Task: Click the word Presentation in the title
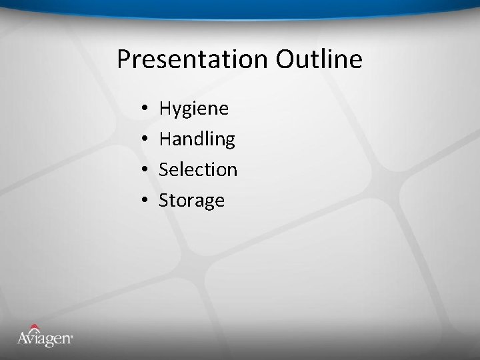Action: pos(193,59)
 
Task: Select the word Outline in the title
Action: pos(319,59)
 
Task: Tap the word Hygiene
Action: pos(193,109)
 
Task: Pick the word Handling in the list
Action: pos(197,139)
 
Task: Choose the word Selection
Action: pos(198,170)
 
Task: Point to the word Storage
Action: pos(191,201)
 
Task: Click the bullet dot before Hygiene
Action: pos(144,109)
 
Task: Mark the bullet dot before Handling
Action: pos(144,139)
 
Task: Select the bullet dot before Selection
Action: pos(144,170)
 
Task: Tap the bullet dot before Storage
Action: pos(144,201)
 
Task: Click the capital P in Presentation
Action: pos(124,59)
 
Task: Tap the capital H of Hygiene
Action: pos(166,108)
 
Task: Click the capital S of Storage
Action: pos(165,200)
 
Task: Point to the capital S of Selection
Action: pos(165,169)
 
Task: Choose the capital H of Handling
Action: pos(166,139)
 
